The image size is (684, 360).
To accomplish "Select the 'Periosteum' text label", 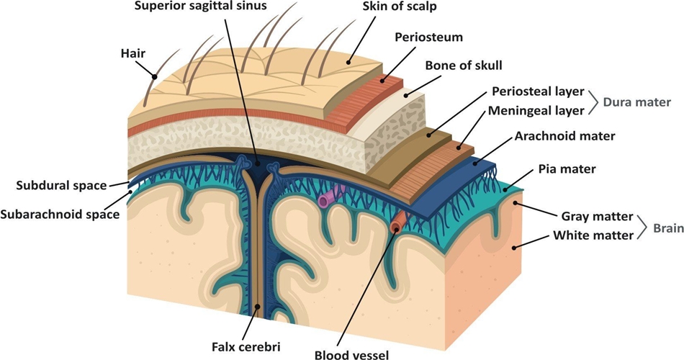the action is [428, 36].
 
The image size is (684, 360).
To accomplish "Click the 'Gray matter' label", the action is [597, 216].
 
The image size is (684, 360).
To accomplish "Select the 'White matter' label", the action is [593, 235].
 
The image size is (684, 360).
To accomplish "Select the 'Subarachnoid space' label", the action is [60, 214].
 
